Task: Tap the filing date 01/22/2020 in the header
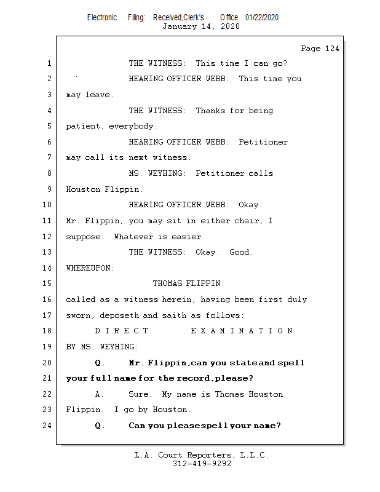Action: [x=261, y=17]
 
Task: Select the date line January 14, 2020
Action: [x=200, y=26]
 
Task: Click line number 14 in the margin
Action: [x=49, y=268]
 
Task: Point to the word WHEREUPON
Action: [x=90, y=268]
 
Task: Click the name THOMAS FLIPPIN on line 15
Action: [x=186, y=284]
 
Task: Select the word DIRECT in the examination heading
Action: [x=118, y=331]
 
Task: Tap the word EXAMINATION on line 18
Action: [x=241, y=331]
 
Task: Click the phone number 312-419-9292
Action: [x=202, y=464]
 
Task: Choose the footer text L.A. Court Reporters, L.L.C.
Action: [x=202, y=455]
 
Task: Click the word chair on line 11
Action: [x=246, y=221]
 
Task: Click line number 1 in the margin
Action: [x=49, y=63]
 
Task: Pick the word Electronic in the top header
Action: [x=102, y=17]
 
